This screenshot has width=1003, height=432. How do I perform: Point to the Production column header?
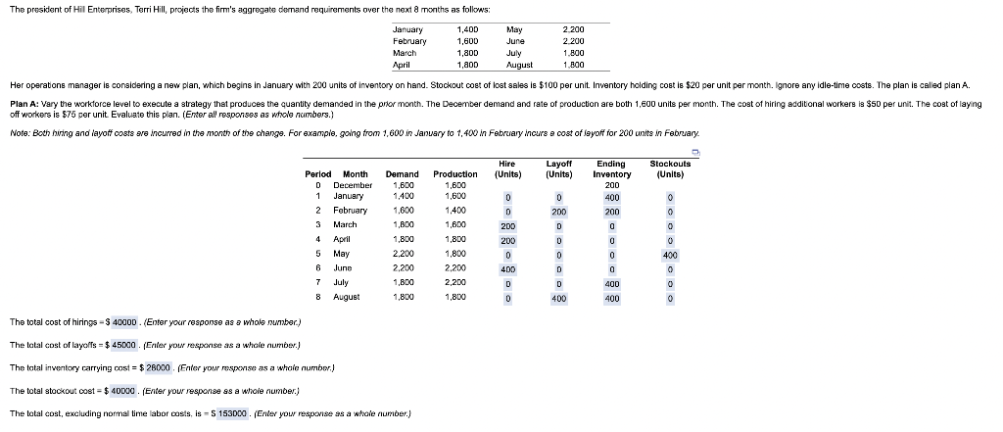(x=454, y=174)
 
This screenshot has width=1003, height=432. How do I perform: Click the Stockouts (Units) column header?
(x=670, y=168)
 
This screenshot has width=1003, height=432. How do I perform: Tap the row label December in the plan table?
(x=353, y=184)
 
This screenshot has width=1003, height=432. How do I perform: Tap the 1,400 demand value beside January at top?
(x=467, y=30)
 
